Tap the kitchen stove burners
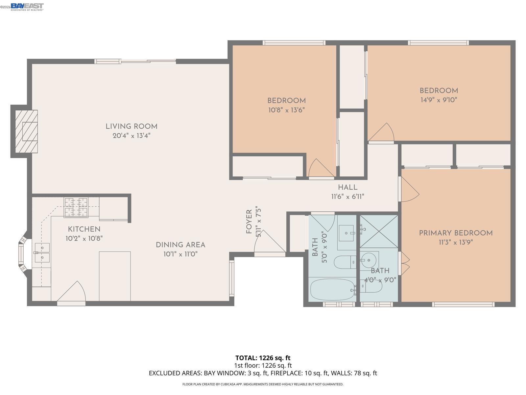point(76,207)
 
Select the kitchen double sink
point(42,252)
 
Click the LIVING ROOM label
point(131,126)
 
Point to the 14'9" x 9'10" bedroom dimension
point(439,100)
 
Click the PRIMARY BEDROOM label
point(456,233)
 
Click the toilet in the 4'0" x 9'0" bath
point(373,287)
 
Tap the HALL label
point(347,187)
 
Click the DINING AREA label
point(180,245)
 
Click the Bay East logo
point(27,6)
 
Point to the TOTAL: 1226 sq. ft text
point(263,358)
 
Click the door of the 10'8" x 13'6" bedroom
point(320,169)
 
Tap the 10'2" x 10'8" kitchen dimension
point(84,238)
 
